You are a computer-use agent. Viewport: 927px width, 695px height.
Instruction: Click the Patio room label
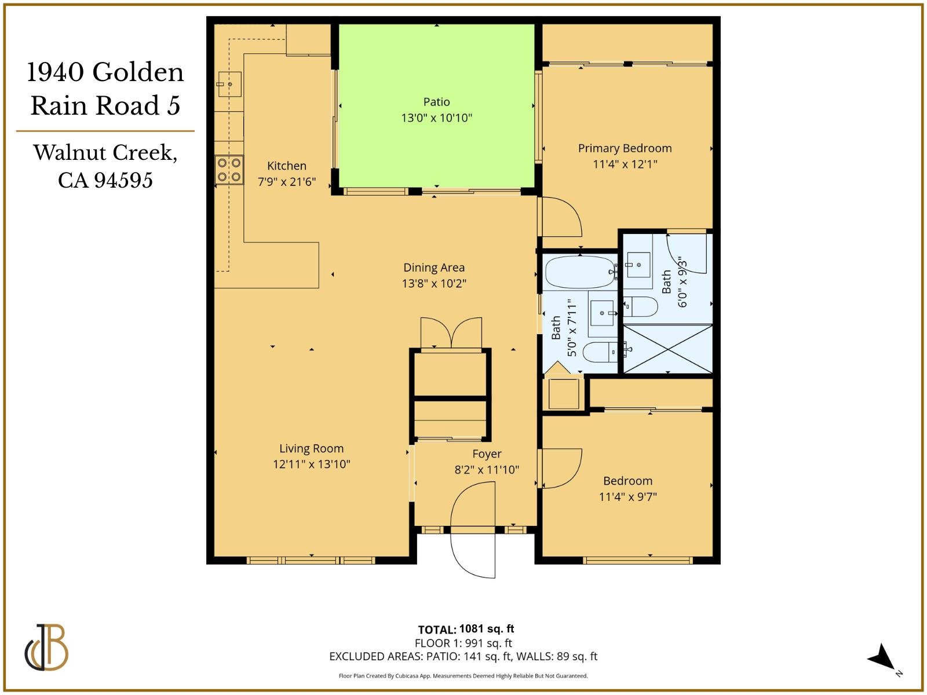click(x=436, y=102)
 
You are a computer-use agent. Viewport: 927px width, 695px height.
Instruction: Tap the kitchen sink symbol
click(x=229, y=85)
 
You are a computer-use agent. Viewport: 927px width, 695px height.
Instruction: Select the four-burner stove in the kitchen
click(x=229, y=170)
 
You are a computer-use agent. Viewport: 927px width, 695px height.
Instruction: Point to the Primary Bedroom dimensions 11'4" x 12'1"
click(x=625, y=164)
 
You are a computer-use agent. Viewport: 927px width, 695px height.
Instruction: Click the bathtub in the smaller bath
click(x=580, y=272)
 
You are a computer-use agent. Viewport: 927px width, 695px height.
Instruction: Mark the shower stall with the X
click(x=667, y=349)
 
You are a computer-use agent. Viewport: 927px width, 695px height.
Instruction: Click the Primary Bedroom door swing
click(x=560, y=217)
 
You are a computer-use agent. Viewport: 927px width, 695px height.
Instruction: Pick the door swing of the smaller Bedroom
click(x=560, y=468)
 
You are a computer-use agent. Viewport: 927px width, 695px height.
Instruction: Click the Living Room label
click(x=311, y=448)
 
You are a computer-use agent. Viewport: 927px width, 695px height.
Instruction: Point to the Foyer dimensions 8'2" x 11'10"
click(x=487, y=470)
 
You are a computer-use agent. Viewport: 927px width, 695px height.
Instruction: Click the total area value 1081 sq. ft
click(x=486, y=629)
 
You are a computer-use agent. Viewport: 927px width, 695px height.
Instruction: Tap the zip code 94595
click(x=123, y=180)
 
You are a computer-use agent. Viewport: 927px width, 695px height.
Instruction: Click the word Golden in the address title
click(x=138, y=72)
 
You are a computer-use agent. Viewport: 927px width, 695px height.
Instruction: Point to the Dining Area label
click(x=434, y=268)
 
